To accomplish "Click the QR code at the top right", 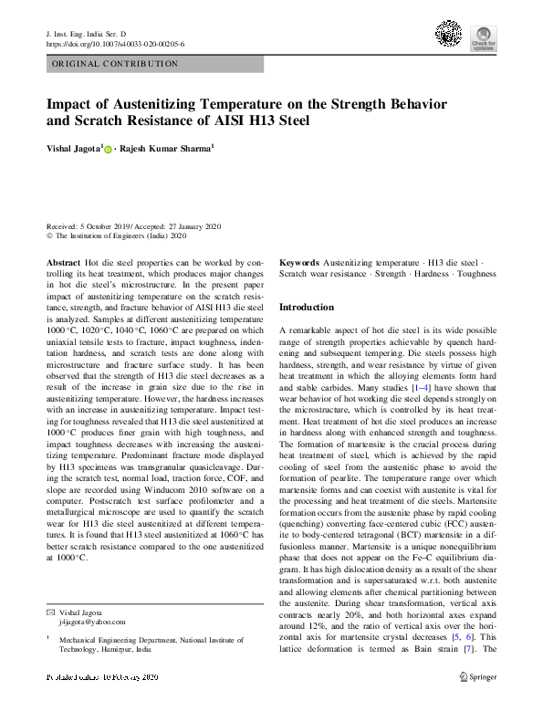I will tap(449, 36).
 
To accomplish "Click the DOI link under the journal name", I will tap(114, 44).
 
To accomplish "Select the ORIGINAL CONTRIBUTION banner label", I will tap(115, 64).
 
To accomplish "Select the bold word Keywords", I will tap(298, 262).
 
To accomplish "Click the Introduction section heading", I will tap(306, 308).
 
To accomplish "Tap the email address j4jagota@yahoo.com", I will tap(91, 621).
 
